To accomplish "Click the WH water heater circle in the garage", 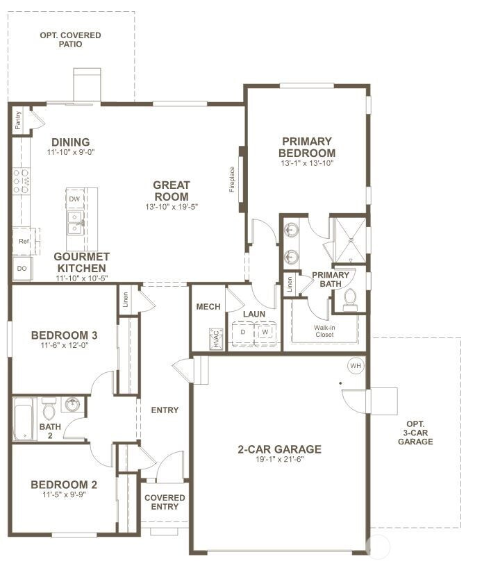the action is pos(356,365).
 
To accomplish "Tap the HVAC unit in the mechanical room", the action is pos(216,339).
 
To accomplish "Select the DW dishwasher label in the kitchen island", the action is pos(74,199).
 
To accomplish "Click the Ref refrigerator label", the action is pos(24,241).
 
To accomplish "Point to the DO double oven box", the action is pos(22,269).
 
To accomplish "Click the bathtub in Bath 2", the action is pos(24,419).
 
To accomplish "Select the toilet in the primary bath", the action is pos(350,299).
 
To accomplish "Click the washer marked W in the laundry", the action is pos(265,332).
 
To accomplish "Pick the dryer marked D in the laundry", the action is pos(243,332).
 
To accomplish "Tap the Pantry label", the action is pos(18,120).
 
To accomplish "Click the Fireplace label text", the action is pos(232,179).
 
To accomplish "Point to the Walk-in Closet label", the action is pos(324,331).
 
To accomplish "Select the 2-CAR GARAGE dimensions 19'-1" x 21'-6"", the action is pos(279,459).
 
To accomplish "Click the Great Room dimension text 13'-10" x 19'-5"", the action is pos(172,207).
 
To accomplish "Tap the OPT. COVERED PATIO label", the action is pos(70,40).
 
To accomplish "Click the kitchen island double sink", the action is pos(76,223).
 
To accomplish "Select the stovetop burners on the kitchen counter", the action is pos(21,181).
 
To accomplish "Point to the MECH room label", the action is pos(208,307).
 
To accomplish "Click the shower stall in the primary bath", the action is pos(350,240).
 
